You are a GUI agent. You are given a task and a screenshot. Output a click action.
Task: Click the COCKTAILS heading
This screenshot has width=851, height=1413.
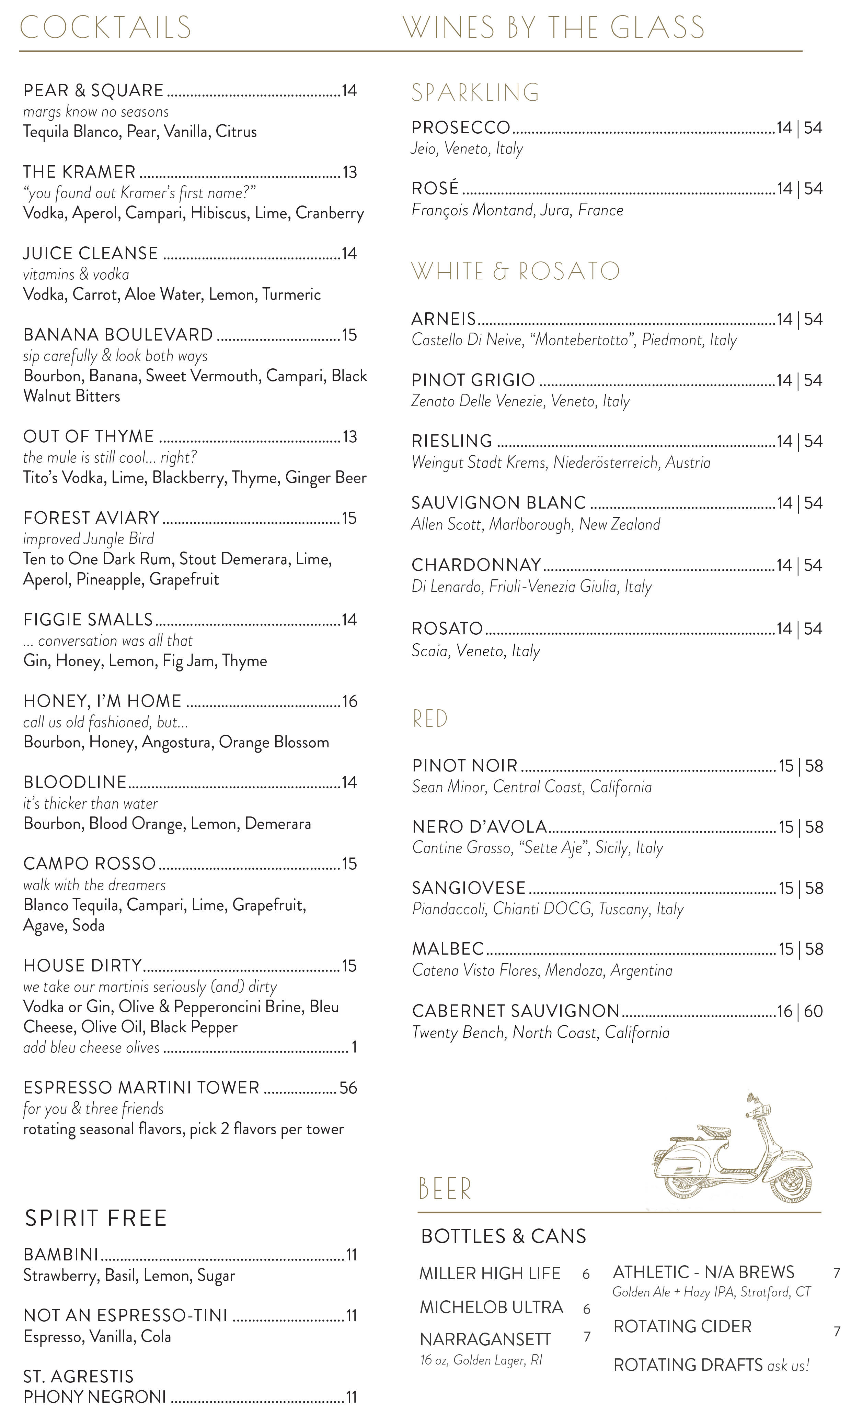105,27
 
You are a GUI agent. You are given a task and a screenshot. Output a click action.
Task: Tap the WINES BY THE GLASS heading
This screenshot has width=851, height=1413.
553,27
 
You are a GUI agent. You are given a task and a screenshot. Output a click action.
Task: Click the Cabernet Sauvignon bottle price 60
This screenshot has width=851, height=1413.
813,1011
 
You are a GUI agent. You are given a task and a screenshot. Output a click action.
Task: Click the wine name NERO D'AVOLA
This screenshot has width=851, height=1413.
479,827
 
